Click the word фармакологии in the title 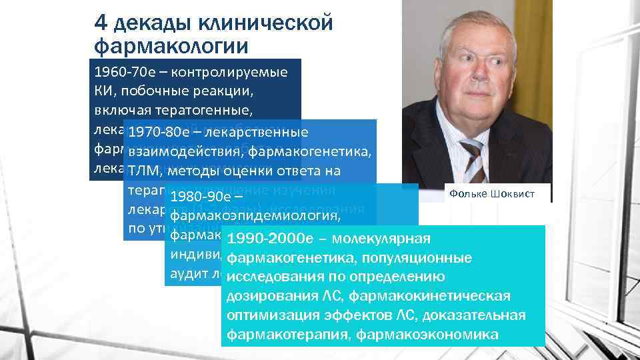point(171,46)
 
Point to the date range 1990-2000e point(267,239)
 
